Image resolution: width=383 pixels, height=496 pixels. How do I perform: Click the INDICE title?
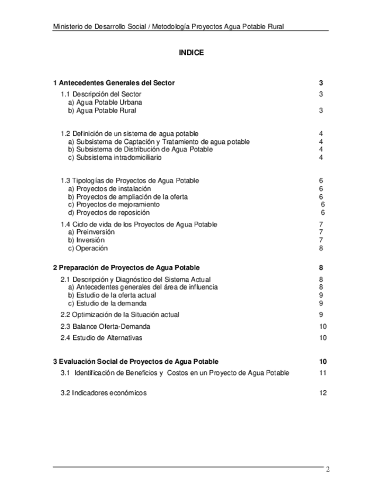[x=191, y=53]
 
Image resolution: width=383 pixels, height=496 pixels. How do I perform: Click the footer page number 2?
[x=328, y=469]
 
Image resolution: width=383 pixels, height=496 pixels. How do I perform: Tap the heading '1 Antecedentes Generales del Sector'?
[x=113, y=83]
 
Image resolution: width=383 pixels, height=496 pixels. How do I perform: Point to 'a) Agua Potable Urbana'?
[x=105, y=102]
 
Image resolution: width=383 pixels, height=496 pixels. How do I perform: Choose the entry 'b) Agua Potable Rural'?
[x=102, y=110]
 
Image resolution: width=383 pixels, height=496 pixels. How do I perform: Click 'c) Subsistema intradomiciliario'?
[x=115, y=157]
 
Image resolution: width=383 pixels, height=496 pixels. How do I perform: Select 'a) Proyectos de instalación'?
[x=109, y=189]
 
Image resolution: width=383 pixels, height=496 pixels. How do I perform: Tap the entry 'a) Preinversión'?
[x=91, y=232]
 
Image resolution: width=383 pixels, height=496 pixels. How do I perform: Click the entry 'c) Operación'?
[x=88, y=248]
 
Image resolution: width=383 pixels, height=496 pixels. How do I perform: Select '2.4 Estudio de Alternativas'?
[x=102, y=338]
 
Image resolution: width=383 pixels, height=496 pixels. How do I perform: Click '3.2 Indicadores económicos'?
[x=103, y=393]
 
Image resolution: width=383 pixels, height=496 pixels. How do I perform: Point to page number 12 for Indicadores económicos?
[x=323, y=393]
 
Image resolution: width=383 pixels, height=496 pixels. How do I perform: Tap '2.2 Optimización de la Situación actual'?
[x=120, y=315]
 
